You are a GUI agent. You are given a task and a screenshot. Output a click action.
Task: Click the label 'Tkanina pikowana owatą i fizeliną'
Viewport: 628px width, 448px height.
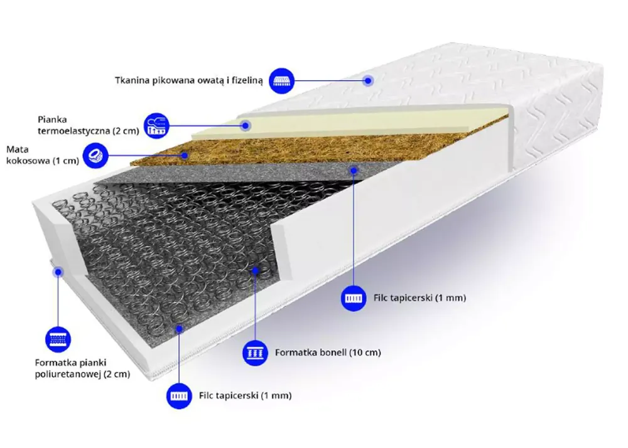[x=188, y=81]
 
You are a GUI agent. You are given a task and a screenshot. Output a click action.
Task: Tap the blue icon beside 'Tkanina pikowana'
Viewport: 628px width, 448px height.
[x=281, y=81]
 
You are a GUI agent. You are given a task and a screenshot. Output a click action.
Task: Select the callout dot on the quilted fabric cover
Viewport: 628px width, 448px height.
[x=368, y=81]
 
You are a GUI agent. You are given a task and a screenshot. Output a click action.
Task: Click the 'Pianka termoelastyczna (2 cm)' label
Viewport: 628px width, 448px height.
[x=88, y=125]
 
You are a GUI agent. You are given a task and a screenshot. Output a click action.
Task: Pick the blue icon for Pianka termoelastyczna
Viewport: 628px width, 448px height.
[x=156, y=125]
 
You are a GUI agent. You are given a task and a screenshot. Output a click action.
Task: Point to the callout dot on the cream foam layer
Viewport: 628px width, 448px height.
[x=246, y=125]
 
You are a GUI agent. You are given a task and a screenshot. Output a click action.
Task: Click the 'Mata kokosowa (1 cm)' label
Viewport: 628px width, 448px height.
[x=43, y=155]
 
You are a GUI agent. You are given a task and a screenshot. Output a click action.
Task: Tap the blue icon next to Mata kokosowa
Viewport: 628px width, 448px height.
[x=95, y=155]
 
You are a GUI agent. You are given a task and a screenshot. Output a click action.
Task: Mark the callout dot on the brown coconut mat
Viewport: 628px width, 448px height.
[x=185, y=155]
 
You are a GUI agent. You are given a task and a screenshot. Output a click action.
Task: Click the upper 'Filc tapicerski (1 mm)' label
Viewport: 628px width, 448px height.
[x=420, y=298]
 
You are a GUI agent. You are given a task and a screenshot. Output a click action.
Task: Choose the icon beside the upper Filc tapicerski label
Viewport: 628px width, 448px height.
[x=354, y=298]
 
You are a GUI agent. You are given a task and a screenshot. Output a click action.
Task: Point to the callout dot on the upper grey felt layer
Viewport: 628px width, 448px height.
[x=354, y=171]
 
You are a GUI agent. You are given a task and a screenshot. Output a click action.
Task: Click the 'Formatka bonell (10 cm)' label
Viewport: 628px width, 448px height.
[x=328, y=353]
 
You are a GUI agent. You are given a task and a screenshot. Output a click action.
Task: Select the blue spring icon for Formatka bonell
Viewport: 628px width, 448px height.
[x=255, y=353]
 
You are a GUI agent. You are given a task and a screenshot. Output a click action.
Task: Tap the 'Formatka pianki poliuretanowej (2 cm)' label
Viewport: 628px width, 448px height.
[x=82, y=368]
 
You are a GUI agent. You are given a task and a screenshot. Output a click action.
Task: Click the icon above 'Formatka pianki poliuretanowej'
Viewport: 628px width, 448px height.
[x=58, y=339]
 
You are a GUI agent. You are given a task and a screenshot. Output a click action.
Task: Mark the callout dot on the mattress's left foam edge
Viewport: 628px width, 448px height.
[x=58, y=272]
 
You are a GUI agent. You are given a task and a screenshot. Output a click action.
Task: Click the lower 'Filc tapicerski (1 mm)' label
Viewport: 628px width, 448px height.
[x=245, y=395]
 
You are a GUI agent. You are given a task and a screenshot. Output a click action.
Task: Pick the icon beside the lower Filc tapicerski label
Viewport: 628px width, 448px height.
[x=179, y=396]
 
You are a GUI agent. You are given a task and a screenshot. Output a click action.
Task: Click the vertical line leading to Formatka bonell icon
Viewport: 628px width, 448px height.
[x=255, y=306]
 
